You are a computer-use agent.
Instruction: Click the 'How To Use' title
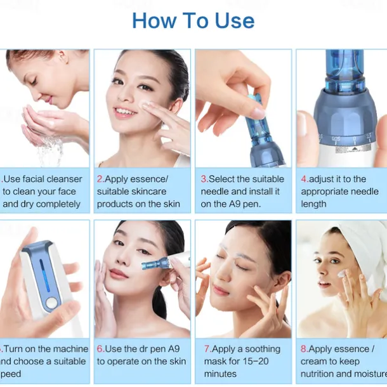[x=193, y=20]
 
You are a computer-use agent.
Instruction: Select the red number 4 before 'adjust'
[x=304, y=180]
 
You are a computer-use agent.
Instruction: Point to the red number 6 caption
[x=100, y=349]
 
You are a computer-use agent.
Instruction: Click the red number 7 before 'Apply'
[x=207, y=349]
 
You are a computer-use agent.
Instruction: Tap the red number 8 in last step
[x=304, y=349]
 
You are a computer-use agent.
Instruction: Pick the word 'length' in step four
[x=314, y=204]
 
